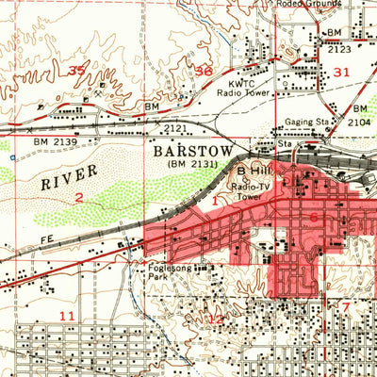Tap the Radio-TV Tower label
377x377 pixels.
(x=249, y=191)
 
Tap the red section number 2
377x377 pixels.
(x=79, y=197)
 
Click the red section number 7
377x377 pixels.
(x=345, y=307)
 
